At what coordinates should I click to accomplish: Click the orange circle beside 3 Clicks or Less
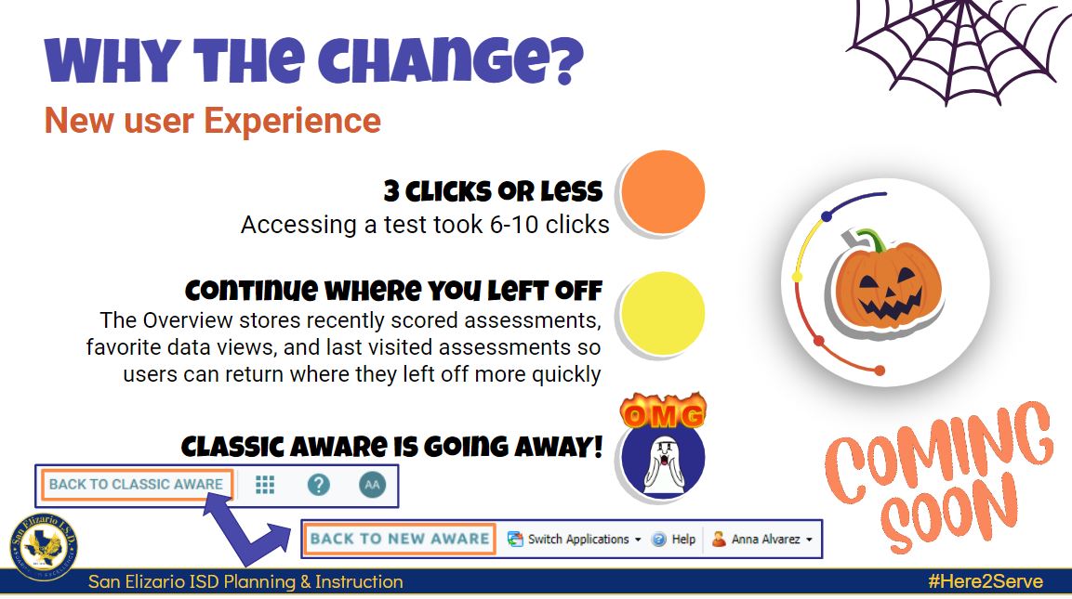click(x=663, y=192)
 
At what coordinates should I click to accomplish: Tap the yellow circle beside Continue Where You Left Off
click(x=663, y=313)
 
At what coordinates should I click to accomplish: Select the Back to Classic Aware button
click(x=136, y=485)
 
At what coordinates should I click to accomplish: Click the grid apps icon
click(x=265, y=485)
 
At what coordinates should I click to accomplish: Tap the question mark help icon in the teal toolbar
click(x=319, y=485)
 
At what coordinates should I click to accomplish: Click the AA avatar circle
click(x=372, y=485)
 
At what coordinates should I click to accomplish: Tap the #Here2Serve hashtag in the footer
click(x=985, y=582)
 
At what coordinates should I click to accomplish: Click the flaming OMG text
click(x=663, y=414)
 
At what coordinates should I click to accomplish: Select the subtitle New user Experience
click(x=213, y=121)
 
